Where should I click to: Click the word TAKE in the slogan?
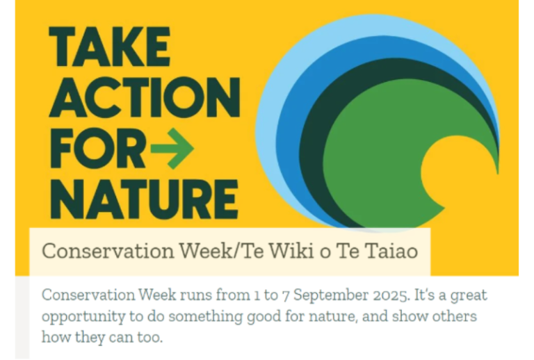109,47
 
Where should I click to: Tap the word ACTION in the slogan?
145,97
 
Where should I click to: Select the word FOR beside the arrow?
98,149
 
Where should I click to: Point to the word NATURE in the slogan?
144,199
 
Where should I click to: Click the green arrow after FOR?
172,149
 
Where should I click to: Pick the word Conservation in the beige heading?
108,251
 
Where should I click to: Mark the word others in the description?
454,316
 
